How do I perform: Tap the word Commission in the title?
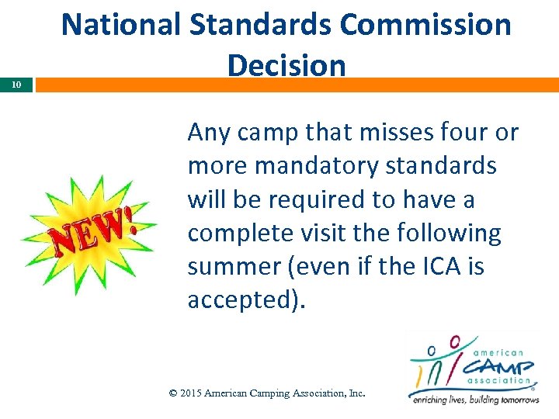point(428,25)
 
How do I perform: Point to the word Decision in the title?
point(286,65)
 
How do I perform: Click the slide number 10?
point(16,85)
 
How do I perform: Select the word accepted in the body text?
point(241,300)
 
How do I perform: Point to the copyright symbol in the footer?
point(174,393)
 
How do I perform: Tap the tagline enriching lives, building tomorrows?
point(475,400)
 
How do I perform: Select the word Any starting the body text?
point(209,132)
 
